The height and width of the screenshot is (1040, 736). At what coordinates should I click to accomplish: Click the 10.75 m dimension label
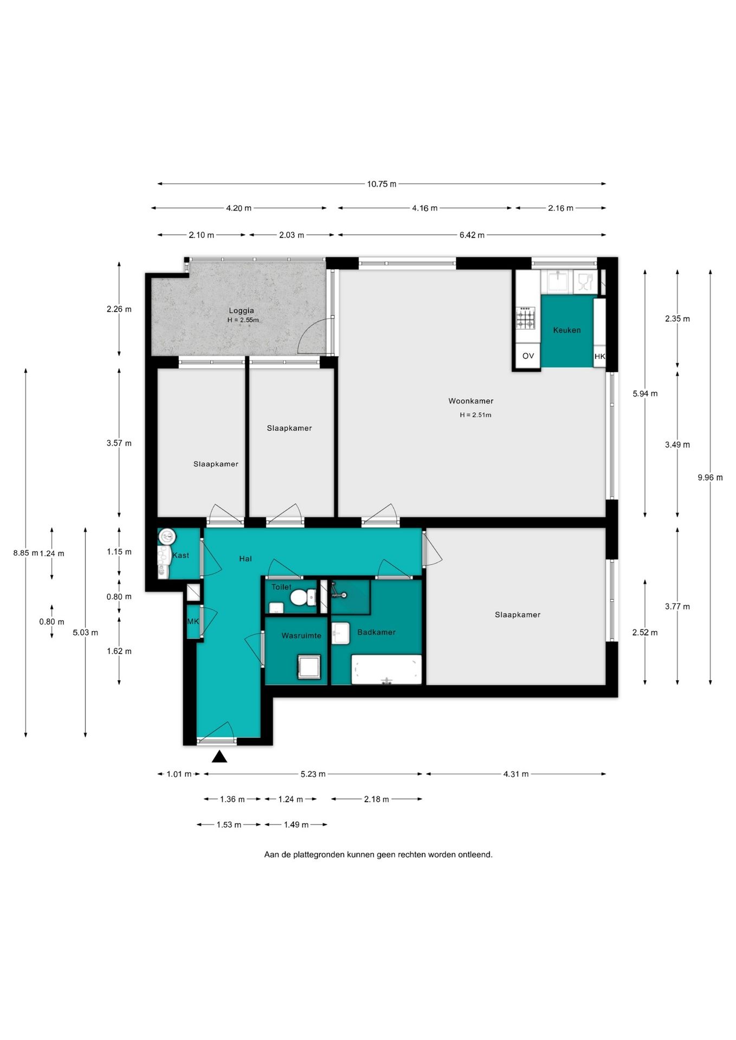pyautogui.click(x=382, y=184)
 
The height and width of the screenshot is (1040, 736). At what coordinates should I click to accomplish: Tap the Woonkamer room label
pyautogui.click(x=470, y=401)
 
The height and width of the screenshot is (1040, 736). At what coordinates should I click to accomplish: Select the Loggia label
pyautogui.click(x=241, y=310)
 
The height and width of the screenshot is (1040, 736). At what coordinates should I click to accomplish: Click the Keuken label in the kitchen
pyautogui.click(x=567, y=330)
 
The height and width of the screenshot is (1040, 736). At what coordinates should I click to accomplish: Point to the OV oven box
pyautogui.click(x=528, y=356)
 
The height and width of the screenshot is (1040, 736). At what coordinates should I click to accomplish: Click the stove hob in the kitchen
pyautogui.click(x=525, y=318)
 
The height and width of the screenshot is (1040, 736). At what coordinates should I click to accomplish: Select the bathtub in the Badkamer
pyautogui.click(x=386, y=669)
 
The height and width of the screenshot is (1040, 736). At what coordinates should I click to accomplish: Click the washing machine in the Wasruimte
pyautogui.click(x=309, y=667)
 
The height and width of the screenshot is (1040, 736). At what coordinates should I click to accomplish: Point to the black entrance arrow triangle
pyautogui.click(x=219, y=756)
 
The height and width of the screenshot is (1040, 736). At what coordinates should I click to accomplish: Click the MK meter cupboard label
pyautogui.click(x=193, y=621)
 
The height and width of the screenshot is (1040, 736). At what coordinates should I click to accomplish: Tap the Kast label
pyautogui.click(x=181, y=555)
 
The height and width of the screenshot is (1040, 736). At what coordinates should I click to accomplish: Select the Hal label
pyautogui.click(x=246, y=558)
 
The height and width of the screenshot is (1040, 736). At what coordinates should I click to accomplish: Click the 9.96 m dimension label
pyautogui.click(x=710, y=477)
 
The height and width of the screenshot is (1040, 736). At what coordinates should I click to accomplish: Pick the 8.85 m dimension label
pyautogui.click(x=26, y=553)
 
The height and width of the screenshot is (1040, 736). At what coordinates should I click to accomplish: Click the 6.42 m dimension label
pyautogui.click(x=472, y=235)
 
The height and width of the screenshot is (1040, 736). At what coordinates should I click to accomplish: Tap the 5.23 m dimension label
pyautogui.click(x=313, y=774)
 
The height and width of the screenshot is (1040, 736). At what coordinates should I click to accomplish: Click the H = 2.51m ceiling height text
pyautogui.click(x=475, y=415)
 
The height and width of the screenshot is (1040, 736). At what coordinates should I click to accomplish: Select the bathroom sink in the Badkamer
pyautogui.click(x=340, y=634)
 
